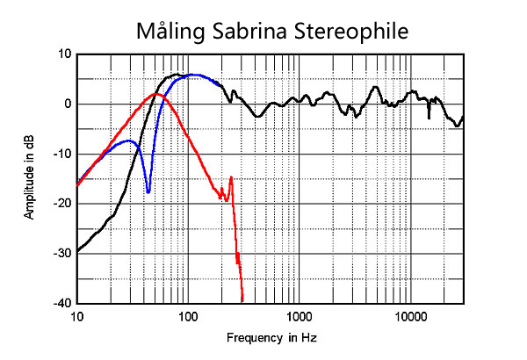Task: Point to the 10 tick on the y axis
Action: (64, 54)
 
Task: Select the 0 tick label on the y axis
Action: (68, 104)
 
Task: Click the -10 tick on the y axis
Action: (62, 154)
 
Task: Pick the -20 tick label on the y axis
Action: (62, 204)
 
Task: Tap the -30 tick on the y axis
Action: (62, 254)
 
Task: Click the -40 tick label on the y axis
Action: (62, 303)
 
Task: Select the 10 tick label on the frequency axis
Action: (77, 315)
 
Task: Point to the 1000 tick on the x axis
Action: (299, 315)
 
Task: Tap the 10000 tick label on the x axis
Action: (409, 315)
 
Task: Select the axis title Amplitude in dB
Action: (30, 177)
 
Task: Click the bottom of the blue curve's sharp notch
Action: (148, 191)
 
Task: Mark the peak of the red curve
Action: (156, 93)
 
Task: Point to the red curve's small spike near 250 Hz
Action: (231, 178)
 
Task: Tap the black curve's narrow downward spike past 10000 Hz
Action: (429, 117)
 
